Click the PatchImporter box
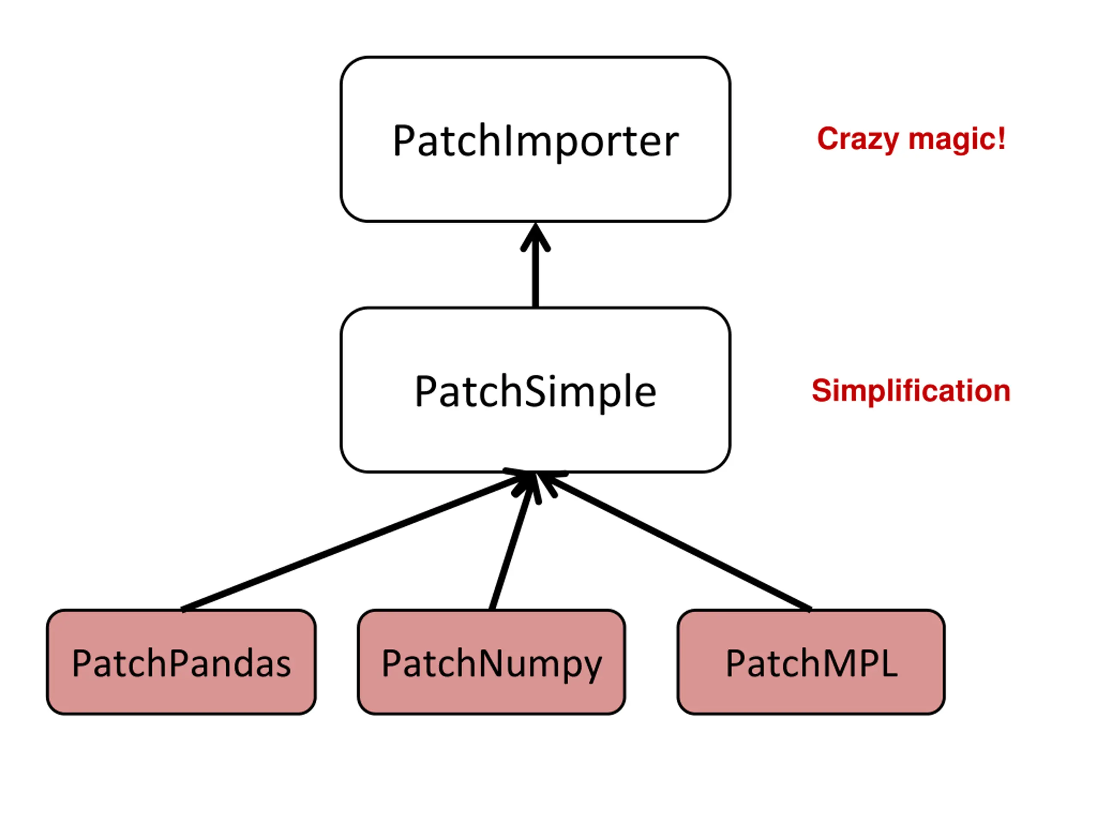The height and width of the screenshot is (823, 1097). (x=535, y=139)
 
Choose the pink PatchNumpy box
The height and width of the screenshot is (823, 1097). (x=492, y=662)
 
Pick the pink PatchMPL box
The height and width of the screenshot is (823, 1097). (x=811, y=662)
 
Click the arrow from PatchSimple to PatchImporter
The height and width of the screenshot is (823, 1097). (x=535, y=265)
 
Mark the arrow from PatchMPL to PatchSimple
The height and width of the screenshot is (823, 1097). (x=674, y=541)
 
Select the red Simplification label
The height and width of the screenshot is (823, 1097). (x=911, y=391)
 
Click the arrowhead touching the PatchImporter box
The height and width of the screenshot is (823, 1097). (x=535, y=237)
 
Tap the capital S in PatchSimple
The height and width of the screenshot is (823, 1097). (x=535, y=391)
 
